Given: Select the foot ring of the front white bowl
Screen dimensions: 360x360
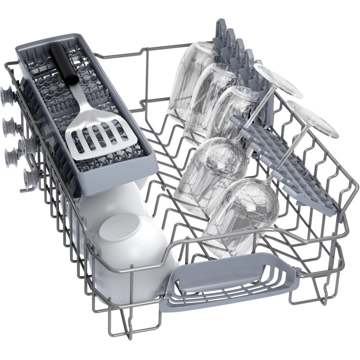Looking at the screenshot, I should (119, 227).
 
